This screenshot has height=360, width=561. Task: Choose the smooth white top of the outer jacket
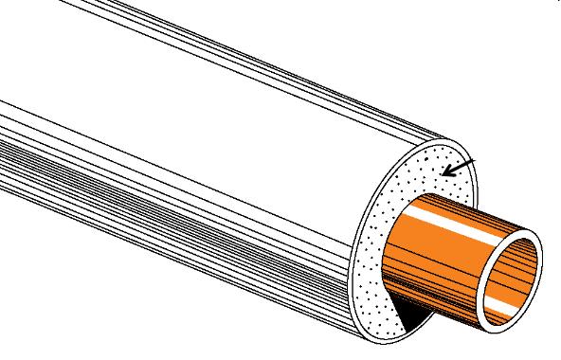pyautogui.click(x=237, y=57)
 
